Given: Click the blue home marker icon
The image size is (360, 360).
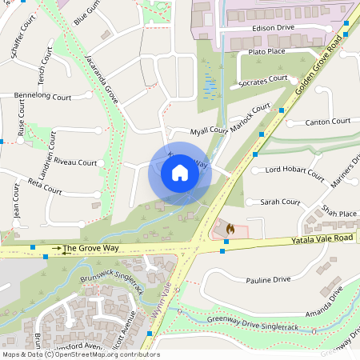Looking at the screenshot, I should (x=180, y=173).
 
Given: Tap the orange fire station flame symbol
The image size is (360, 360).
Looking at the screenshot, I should (x=230, y=229).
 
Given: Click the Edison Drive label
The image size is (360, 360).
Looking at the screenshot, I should (x=274, y=27).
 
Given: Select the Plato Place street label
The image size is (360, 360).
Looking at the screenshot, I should (x=266, y=52).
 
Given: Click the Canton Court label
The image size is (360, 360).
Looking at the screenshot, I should (x=329, y=122).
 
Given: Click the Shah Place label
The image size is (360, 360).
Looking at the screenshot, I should (x=338, y=214).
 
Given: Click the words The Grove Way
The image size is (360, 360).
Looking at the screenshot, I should (x=90, y=249).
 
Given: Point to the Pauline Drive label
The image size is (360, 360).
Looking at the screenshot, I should (x=268, y=280).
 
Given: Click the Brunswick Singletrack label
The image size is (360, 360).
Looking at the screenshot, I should (x=111, y=285).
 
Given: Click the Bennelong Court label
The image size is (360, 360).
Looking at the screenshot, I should (x=42, y=96).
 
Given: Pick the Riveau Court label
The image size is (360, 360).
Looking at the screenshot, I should (x=75, y=162).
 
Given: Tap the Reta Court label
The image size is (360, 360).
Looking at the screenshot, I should (x=45, y=186).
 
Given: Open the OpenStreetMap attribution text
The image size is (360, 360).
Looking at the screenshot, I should (x=80, y=354).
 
